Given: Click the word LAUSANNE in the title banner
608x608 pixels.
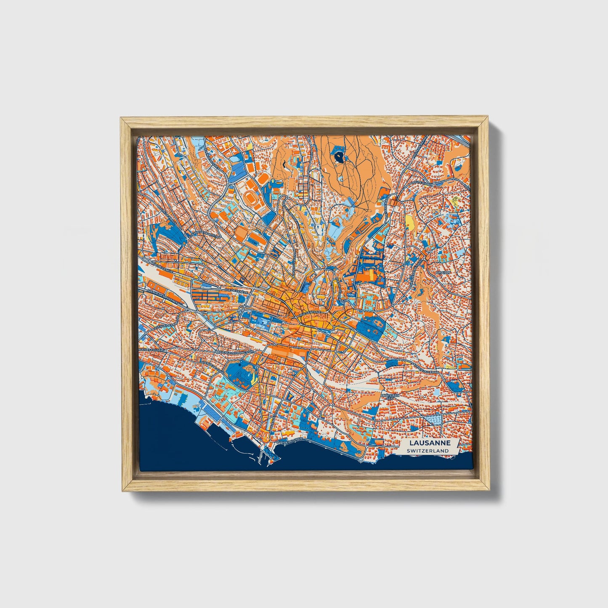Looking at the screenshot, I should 431,443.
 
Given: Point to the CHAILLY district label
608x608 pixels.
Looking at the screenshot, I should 443,272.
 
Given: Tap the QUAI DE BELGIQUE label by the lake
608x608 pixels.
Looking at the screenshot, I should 290,441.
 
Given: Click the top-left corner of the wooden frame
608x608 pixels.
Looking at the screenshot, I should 121,118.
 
